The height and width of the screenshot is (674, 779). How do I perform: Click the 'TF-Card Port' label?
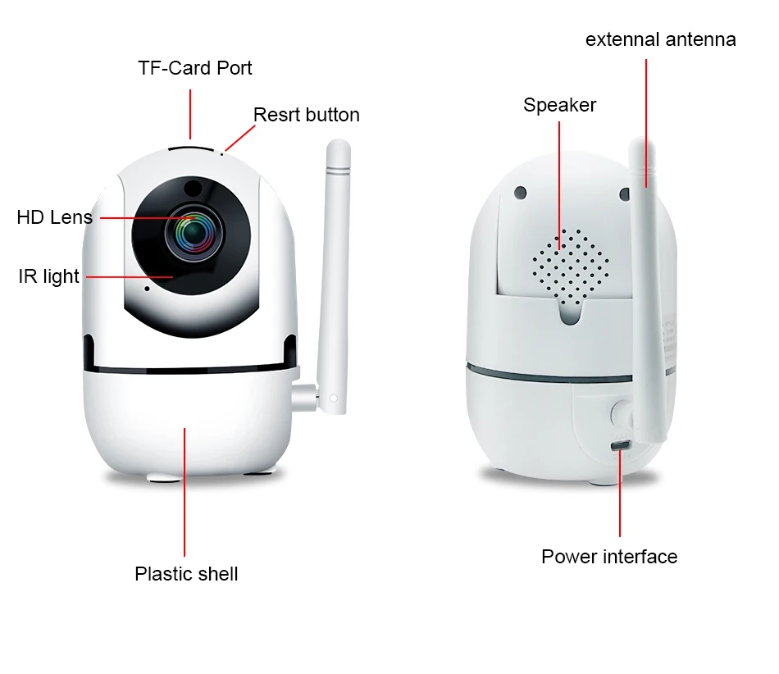[195, 68]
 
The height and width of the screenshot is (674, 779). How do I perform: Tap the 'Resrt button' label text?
[306, 115]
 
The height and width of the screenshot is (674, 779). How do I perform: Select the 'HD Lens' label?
[54, 217]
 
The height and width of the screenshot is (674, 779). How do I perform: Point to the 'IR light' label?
[48, 276]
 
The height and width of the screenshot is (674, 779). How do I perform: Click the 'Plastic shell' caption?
[186, 574]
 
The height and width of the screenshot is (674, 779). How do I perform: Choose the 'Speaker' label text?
[559, 105]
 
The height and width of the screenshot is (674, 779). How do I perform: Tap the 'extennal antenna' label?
[660, 39]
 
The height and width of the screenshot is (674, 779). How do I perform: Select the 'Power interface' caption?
[608, 557]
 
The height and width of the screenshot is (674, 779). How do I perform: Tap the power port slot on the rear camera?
[620, 445]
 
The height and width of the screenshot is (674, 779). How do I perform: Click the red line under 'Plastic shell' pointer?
[184, 492]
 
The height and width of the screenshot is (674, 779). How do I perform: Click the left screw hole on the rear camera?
[520, 193]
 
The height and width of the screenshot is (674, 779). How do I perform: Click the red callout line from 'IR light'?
[127, 277]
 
